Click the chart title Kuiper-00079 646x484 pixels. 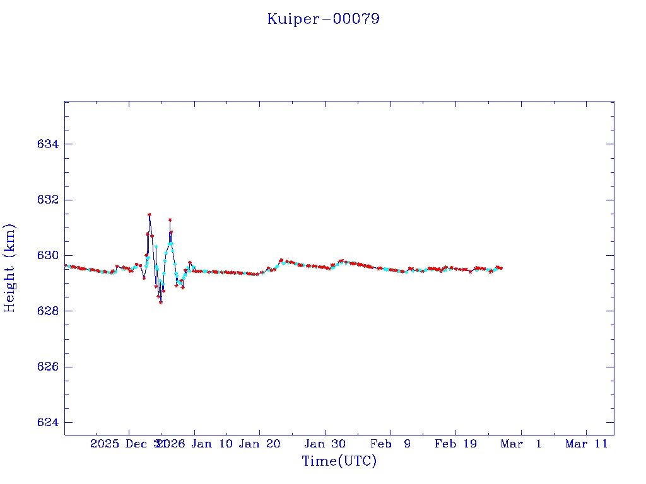tap(323, 19)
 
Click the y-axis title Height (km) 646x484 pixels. tap(9, 268)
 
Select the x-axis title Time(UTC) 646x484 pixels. tap(339, 461)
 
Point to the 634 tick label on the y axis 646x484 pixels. tap(48, 144)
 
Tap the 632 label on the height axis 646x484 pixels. tap(48, 200)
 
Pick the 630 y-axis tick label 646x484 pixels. tap(48, 255)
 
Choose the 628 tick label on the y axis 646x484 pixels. tap(48, 311)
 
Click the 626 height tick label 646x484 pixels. tap(48, 367)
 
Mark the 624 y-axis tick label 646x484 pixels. tap(48, 422)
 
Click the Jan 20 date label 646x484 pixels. tap(259, 444)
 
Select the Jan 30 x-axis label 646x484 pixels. tap(325, 444)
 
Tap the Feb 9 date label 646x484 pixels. tap(391, 444)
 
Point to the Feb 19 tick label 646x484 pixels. tap(455, 444)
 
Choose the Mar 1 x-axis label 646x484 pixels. tap(521, 444)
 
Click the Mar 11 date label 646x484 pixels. tap(586, 444)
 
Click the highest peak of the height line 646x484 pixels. tap(149, 214)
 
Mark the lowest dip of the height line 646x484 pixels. tap(161, 302)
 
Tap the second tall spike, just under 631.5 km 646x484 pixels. tap(170, 220)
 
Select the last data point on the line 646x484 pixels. tap(501, 268)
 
